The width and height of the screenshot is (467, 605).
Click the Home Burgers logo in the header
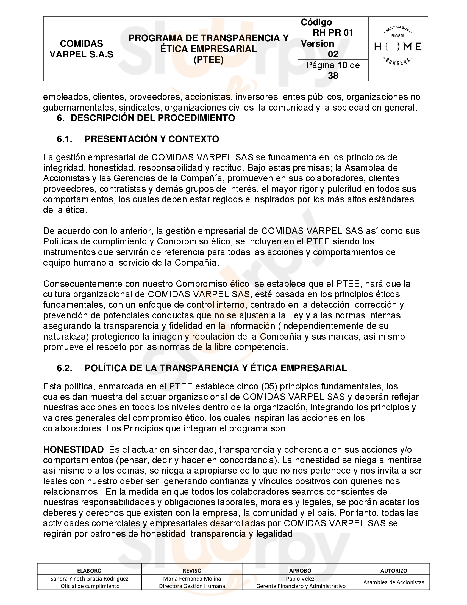(x=398, y=46)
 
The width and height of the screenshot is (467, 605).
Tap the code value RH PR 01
(x=333, y=33)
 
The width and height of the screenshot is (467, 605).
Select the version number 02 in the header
(x=333, y=54)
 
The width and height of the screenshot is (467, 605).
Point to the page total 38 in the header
(x=333, y=75)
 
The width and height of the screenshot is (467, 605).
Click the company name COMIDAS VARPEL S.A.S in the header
(x=81, y=49)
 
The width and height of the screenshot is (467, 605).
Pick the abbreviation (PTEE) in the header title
(x=208, y=60)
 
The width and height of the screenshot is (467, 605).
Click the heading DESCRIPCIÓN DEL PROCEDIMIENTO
(x=153, y=118)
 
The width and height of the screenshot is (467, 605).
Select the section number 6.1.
(x=65, y=139)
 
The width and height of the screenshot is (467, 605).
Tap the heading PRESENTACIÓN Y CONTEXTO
(x=152, y=139)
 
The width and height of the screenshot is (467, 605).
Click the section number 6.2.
(x=65, y=368)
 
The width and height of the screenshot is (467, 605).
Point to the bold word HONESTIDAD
(x=73, y=450)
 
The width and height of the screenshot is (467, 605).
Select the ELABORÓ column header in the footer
(x=89, y=570)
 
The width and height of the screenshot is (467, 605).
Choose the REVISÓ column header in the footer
(x=192, y=570)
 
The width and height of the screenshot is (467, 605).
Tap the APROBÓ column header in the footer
(x=300, y=570)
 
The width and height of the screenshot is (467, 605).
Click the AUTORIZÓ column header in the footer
(x=394, y=570)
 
